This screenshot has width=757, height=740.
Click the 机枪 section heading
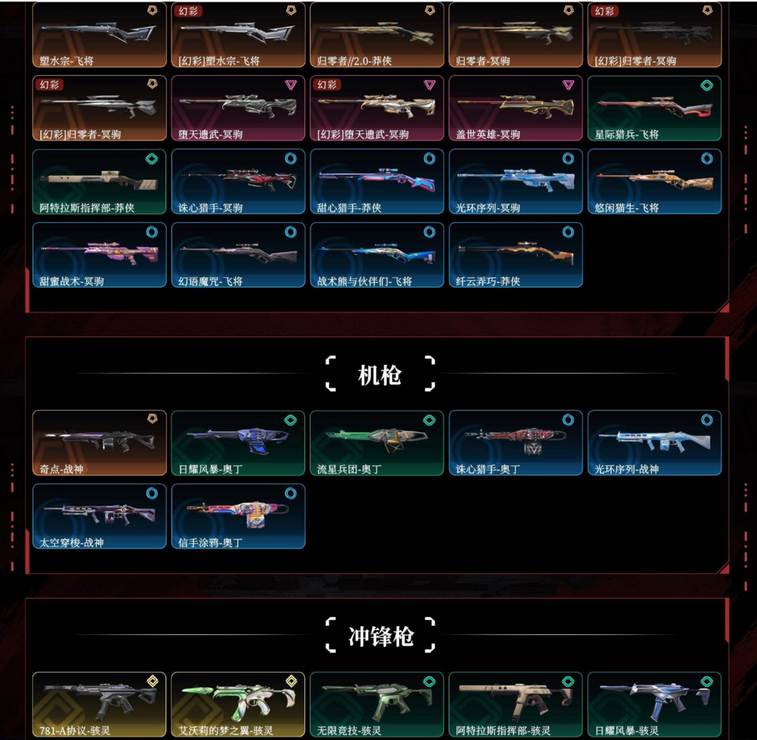click(x=379, y=376)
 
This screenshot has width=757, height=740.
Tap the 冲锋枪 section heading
click(x=381, y=636)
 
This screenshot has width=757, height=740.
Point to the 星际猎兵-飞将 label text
click(x=627, y=135)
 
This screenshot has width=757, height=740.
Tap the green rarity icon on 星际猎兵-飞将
click(x=707, y=85)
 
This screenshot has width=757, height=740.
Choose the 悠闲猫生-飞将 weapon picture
click(x=654, y=179)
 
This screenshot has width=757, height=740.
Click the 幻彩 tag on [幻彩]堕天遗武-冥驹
click(x=327, y=85)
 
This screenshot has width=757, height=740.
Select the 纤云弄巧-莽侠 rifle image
click(x=515, y=253)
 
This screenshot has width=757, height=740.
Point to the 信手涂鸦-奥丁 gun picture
click(x=238, y=515)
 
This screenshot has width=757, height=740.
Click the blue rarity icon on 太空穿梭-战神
click(x=151, y=493)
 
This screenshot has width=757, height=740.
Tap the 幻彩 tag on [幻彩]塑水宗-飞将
click(x=188, y=11)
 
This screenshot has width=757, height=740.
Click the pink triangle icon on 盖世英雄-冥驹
click(x=568, y=85)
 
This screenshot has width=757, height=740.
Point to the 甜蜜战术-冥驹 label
click(x=71, y=282)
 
